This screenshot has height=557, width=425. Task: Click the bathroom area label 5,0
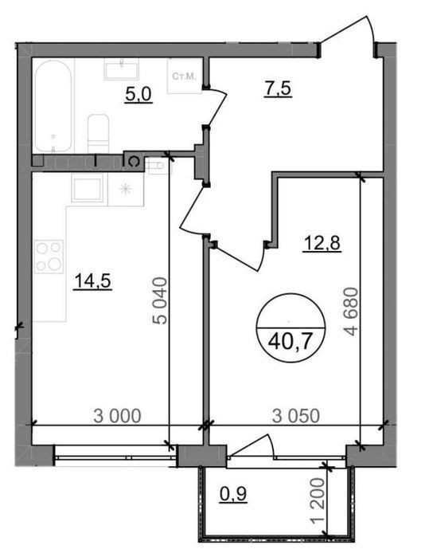(x=138, y=95)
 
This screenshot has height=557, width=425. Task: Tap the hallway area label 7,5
(x=278, y=88)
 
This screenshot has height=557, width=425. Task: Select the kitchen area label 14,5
(x=92, y=281)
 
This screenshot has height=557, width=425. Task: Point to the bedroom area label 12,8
(x=322, y=244)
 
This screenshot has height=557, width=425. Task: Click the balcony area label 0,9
(x=232, y=494)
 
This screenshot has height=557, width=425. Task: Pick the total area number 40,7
(x=290, y=342)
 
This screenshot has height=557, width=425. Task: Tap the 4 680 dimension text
(x=353, y=311)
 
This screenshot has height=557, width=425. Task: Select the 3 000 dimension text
(x=117, y=416)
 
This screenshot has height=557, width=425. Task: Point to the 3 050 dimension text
(x=296, y=416)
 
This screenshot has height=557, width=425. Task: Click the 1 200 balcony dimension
(x=318, y=500)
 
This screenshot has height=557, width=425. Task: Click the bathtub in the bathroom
(x=53, y=106)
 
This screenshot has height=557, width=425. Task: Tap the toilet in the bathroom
(x=98, y=134)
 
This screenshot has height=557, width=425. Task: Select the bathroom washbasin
(x=121, y=69)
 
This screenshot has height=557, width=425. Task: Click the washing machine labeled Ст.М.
(x=185, y=76)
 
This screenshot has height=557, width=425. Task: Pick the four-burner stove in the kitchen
(x=49, y=257)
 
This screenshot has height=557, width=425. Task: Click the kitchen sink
(x=87, y=190)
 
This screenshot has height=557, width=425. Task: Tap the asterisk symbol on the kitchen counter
(x=125, y=189)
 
